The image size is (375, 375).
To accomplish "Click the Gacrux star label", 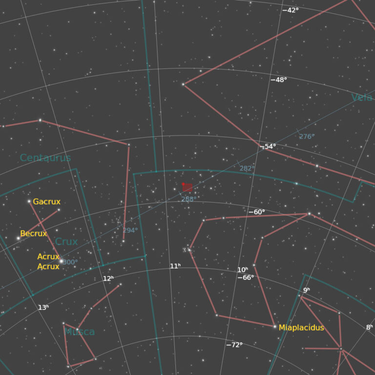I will click(47, 202).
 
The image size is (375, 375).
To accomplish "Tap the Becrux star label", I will click(34, 233).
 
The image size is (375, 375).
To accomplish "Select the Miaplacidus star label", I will click(301, 328).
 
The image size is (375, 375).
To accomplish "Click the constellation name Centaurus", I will click(45, 158).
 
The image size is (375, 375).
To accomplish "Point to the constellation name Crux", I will click(66, 242).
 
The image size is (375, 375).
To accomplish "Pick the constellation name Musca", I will click(80, 332).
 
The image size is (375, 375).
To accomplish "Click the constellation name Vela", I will click(362, 98).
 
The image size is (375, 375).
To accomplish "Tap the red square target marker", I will click(187, 187).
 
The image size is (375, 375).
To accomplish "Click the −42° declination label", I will click(291, 10).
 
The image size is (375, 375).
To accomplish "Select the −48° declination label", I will click(279, 80).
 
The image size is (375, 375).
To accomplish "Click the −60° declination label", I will click(256, 212).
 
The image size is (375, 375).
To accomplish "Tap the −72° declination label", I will click(234, 345).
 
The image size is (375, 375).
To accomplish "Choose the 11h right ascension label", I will click(175, 266).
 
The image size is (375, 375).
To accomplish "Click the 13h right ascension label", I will click(43, 308).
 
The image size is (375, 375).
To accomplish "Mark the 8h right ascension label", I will click(369, 327).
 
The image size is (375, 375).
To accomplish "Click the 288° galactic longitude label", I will click(188, 199).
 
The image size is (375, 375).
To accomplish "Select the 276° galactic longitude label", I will click(307, 137).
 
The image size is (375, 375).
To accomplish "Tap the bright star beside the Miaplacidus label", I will click(275, 327).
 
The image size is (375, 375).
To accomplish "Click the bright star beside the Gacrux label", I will click(29, 201).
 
